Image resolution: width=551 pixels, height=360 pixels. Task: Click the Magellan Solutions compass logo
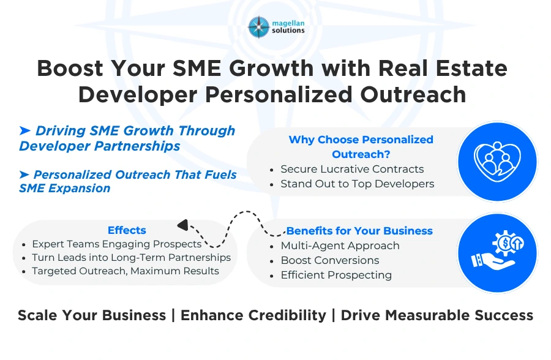point(259,27)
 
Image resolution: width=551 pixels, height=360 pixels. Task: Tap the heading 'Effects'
point(127,230)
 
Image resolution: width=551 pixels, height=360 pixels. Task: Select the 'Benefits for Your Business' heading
point(359,231)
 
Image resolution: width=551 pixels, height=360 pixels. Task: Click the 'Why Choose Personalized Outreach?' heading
point(361,147)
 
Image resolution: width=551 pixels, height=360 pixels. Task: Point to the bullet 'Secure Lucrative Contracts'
point(352,169)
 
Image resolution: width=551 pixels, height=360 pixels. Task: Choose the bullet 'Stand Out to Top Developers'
point(357,184)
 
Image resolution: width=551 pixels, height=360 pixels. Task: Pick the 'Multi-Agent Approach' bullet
point(340,246)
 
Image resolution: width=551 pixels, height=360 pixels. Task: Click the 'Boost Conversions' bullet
point(330,260)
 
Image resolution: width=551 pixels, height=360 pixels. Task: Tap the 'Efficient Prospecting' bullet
point(336,275)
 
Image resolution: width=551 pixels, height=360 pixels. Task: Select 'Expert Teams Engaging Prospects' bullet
point(116,244)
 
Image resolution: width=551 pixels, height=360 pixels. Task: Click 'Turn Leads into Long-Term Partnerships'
point(131,257)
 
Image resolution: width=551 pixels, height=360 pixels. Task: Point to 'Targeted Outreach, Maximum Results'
point(126,271)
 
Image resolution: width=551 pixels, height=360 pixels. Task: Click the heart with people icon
point(497,162)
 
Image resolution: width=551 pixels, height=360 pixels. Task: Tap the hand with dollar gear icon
point(497,253)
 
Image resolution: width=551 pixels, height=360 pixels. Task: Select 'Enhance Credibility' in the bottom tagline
point(253,315)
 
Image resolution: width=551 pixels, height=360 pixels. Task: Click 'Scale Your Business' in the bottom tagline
point(92,315)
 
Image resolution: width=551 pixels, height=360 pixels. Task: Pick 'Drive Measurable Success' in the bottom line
point(437,315)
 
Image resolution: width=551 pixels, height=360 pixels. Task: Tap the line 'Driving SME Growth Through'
point(135,130)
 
